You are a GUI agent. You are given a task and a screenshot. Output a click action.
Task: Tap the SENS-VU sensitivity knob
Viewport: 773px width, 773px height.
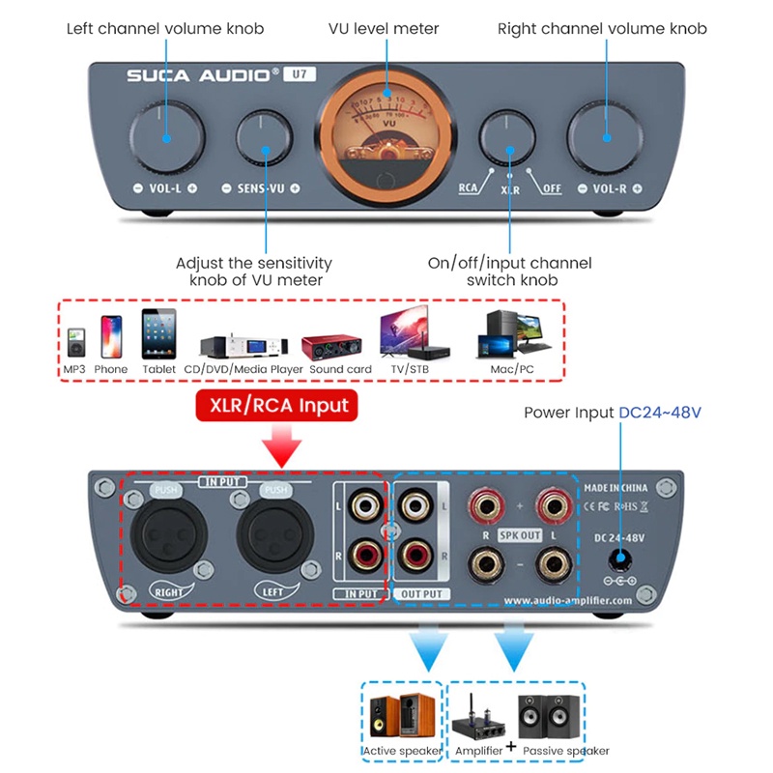click(265, 140)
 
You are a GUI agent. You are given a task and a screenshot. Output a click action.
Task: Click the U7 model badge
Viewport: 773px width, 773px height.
click(301, 73)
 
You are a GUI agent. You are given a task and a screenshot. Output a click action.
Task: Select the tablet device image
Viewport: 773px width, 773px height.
click(158, 334)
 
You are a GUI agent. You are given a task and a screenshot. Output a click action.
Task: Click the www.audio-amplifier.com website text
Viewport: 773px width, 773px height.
click(568, 600)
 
